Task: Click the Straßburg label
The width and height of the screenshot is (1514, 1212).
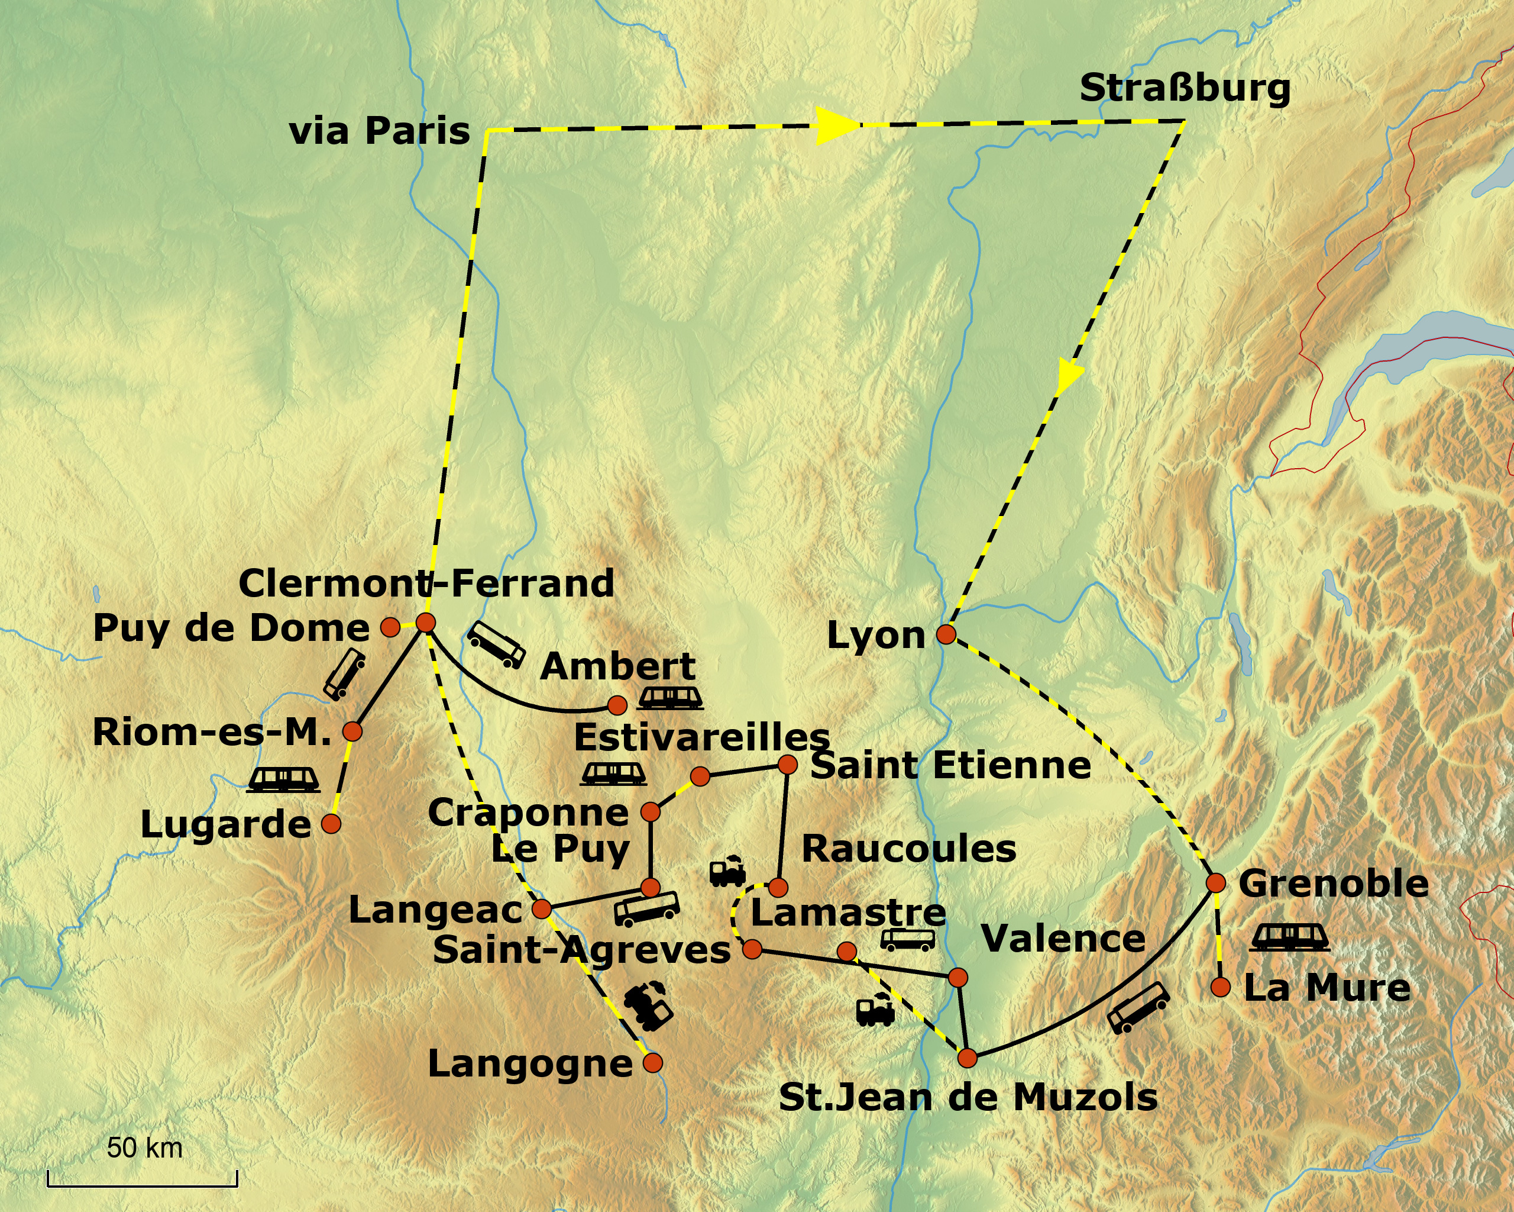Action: pos(1184,89)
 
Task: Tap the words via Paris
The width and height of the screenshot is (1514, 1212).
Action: pos(379,131)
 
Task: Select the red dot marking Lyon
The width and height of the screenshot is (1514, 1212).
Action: pos(946,634)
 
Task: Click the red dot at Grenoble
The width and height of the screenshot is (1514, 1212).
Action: pos(1215,883)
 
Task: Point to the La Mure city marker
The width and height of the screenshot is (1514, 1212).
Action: pos(1221,987)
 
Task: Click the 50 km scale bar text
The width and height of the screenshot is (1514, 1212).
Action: pos(145,1147)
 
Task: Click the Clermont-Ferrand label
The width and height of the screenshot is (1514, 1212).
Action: pos(426,583)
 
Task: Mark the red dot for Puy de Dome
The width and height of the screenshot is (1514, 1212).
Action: pos(390,627)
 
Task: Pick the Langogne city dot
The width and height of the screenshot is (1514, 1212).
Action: pos(652,1062)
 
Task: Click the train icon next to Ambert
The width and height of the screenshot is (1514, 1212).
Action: pos(670,698)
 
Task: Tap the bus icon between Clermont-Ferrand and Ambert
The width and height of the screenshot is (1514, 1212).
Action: pos(496,644)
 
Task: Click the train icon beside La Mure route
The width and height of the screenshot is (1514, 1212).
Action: pos(1290,937)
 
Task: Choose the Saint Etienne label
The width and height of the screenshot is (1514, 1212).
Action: pos(950,765)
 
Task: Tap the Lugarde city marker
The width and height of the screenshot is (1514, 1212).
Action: pos(331,823)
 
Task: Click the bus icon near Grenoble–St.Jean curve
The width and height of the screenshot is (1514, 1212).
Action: pos(1138,1008)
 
